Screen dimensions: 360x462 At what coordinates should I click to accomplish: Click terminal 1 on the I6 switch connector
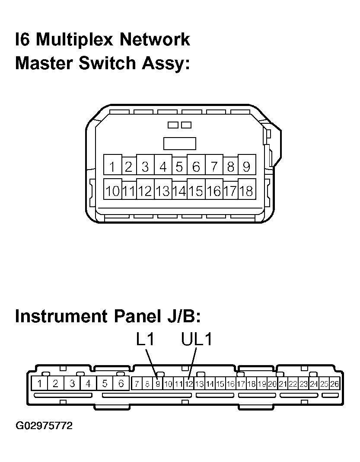click(x=112, y=164)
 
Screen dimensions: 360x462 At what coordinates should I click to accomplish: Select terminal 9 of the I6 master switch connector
click(x=247, y=164)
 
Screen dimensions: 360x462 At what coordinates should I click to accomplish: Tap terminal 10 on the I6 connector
click(x=112, y=189)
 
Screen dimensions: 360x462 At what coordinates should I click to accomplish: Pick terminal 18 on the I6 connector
click(x=247, y=189)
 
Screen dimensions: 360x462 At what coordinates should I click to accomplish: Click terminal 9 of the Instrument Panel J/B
click(x=158, y=384)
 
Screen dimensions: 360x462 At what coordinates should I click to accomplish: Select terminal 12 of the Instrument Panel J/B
click(x=189, y=384)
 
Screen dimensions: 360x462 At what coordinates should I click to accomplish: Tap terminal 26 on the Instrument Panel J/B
click(x=335, y=384)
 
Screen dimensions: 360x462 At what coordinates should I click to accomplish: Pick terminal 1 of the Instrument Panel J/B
click(x=40, y=383)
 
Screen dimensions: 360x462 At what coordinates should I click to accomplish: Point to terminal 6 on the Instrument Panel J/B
click(x=121, y=383)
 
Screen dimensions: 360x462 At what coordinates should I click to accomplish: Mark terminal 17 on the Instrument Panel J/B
click(x=241, y=384)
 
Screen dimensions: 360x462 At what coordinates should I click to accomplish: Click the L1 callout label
click(x=145, y=339)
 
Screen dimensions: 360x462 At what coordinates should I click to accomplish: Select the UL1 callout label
click(x=196, y=339)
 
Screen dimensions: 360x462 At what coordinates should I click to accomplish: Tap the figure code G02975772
click(x=44, y=426)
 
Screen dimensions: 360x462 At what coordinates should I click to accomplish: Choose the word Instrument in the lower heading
click(x=61, y=316)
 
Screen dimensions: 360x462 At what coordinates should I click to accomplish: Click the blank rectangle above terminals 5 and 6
click(x=179, y=144)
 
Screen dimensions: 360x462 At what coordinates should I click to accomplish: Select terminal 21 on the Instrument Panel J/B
click(x=283, y=384)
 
